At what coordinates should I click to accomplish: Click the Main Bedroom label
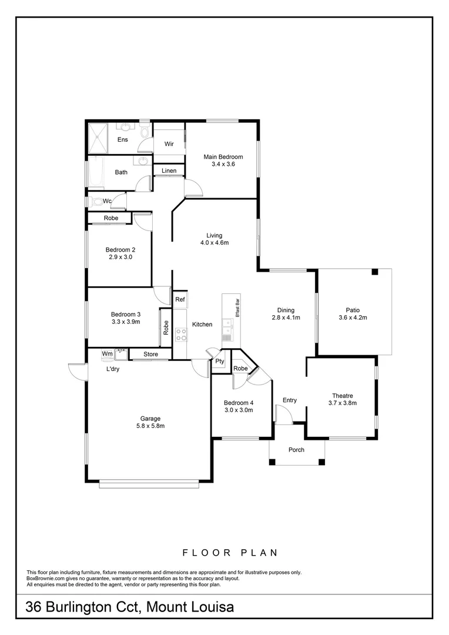pos(223,157)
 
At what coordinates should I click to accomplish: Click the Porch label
pos(296,450)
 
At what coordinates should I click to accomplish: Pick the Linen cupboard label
pos(169,171)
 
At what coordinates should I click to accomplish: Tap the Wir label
pos(169,144)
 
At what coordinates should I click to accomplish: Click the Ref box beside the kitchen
pos(180,300)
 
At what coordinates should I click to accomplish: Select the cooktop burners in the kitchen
pos(181,335)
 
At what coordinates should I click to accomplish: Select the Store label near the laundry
pos(150,355)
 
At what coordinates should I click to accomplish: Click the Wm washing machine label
pos(107,353)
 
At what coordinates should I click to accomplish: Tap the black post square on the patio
pos(374,272)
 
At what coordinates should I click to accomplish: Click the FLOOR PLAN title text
pos(230,553)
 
